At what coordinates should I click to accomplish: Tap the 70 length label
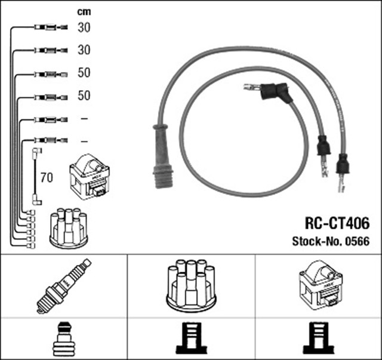46,177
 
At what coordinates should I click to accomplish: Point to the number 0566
358,242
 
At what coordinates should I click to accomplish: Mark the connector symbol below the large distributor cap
191,338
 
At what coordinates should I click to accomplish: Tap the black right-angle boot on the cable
276,93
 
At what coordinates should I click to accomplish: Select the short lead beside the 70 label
36,177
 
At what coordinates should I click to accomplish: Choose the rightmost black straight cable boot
342,164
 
